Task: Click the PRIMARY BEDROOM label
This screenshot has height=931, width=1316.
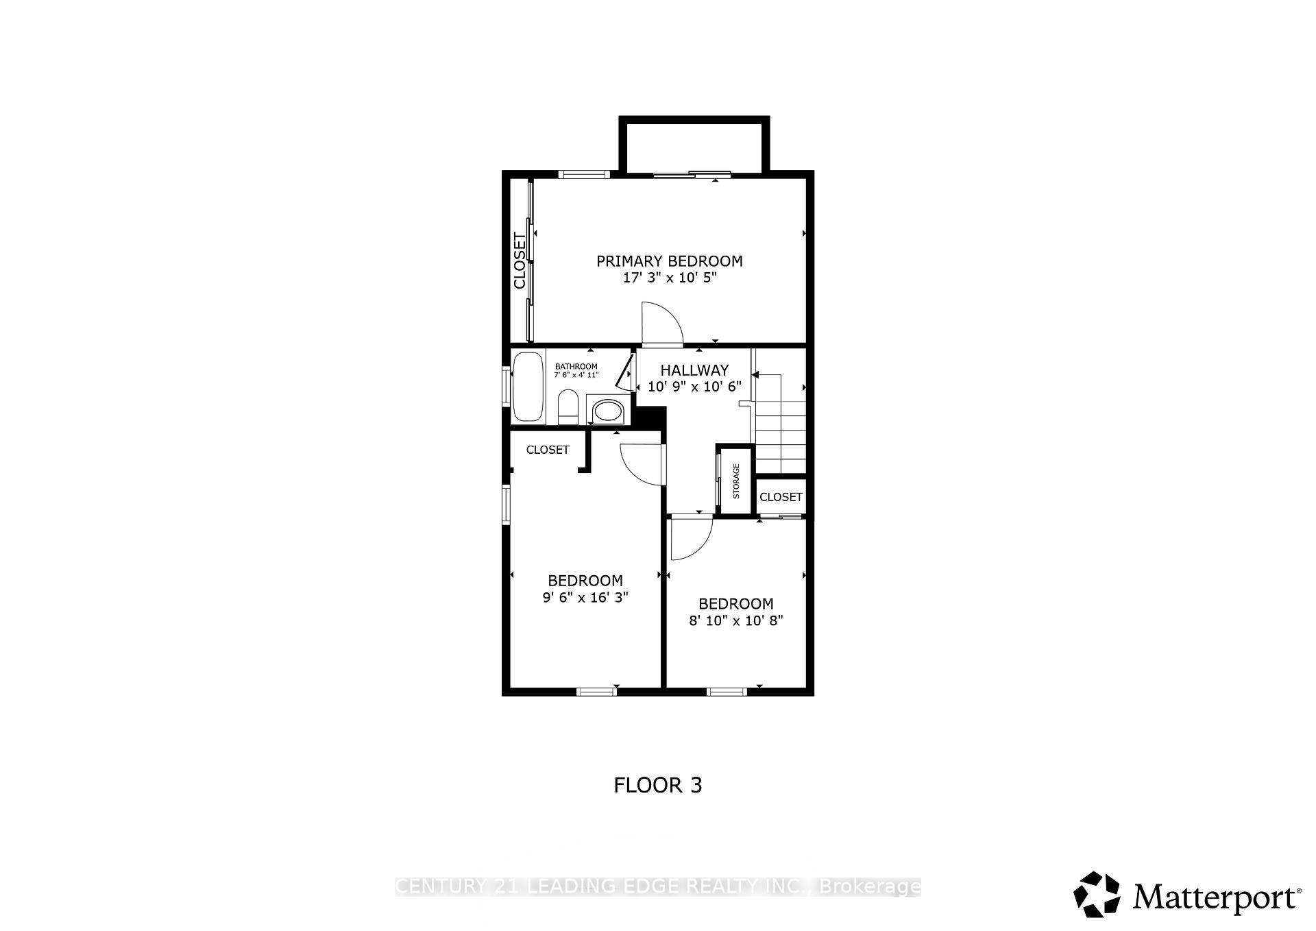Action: pos(669,261)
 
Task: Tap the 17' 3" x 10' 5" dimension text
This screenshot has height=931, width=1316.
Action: pos(669,278)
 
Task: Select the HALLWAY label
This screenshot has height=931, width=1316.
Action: pos(694,370)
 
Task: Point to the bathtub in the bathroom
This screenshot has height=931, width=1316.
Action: pos(527,387)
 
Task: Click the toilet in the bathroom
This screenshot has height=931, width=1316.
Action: pos(568,406)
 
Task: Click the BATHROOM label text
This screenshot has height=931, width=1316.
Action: pos(576,366)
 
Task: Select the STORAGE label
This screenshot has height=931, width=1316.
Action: pos(736,481)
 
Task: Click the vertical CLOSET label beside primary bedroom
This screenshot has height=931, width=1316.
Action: pos(520,261)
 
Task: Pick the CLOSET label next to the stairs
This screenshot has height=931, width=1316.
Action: pos(781,497)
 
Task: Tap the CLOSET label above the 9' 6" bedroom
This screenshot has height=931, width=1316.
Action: pos(547,450)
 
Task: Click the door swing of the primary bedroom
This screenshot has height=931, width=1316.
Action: pos(660,324)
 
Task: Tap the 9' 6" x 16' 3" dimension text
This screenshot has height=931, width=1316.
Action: pos(585,598)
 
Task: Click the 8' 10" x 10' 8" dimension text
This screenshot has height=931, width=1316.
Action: pos(735,621)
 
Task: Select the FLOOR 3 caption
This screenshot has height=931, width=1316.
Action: pos(657,785)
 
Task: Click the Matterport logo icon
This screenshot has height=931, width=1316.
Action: pos(1096,894)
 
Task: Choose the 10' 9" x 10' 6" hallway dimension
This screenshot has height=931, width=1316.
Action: pos(694,387)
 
